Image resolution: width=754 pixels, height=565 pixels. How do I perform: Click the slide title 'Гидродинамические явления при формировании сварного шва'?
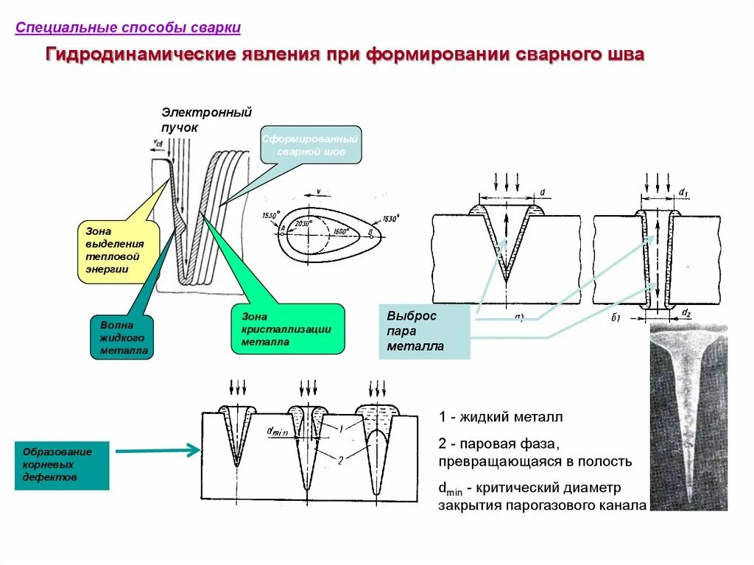click(345, 56)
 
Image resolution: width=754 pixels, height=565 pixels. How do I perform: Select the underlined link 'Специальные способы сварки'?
click(128, 28)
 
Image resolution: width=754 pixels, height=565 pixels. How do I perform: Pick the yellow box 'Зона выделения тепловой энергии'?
click(116, 250)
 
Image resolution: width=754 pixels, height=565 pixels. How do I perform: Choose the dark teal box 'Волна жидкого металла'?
click(122, 337)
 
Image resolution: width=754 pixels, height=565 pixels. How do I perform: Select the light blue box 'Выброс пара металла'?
click(424, 331)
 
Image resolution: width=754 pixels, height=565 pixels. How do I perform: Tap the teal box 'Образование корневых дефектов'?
click(62, 466)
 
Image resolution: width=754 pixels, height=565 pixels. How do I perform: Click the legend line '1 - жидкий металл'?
click(501, 418)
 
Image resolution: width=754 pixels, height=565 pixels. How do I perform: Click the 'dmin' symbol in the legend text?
click(448, 488)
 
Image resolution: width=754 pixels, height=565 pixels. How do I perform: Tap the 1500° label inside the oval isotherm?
click(339, 231)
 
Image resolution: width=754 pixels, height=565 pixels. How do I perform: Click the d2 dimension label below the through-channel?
click(686, 313)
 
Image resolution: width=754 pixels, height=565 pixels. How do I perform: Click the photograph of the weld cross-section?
click(688, 417)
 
